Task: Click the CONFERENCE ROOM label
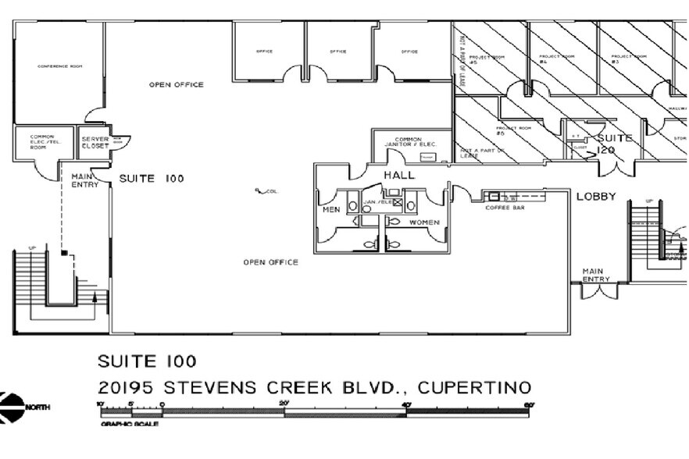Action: [x=60, y=66]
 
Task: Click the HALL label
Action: [x=398, y=175]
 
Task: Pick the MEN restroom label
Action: [x=331, y=209]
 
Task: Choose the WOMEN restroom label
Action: [x=424, y=222]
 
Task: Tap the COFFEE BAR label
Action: [x=502, y=208]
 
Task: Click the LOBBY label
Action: [x=597, y=197]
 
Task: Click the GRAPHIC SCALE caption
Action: [x=130, y=424]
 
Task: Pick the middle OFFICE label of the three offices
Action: [x=337, y=52]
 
